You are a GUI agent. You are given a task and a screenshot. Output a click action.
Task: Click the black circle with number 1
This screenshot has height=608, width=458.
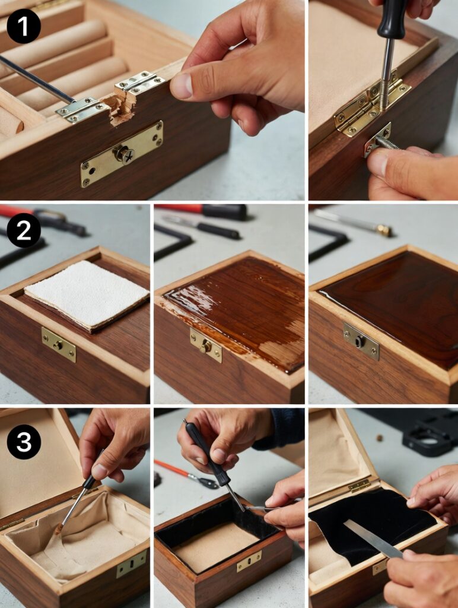pos(24,26)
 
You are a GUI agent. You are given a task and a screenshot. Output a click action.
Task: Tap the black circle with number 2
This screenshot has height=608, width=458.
pos(24,230)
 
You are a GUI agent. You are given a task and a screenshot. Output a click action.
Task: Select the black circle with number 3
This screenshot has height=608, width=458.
pos(24,442)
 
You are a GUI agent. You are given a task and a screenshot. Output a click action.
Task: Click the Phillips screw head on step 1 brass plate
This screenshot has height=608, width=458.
pos(126,154)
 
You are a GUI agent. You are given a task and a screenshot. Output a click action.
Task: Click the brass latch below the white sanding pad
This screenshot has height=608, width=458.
pos(59,344)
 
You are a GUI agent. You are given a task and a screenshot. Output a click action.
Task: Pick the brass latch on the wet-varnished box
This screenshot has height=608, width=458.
pos(206,346)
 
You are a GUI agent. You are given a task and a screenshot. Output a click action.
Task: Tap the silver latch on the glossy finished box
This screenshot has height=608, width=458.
pos(361,341)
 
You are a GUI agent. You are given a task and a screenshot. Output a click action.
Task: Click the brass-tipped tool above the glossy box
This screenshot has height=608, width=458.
pos(383,230)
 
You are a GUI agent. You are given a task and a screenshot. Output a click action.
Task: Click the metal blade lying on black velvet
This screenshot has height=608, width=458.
pos(372,539)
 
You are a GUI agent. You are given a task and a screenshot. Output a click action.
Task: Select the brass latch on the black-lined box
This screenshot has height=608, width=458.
pos(249,561)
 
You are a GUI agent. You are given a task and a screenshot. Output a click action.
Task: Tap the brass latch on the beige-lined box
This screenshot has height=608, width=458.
pos(131,563)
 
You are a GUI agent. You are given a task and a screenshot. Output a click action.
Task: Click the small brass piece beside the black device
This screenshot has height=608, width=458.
pos(379,438)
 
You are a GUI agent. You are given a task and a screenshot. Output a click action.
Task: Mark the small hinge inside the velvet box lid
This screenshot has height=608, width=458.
pos(359,486)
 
